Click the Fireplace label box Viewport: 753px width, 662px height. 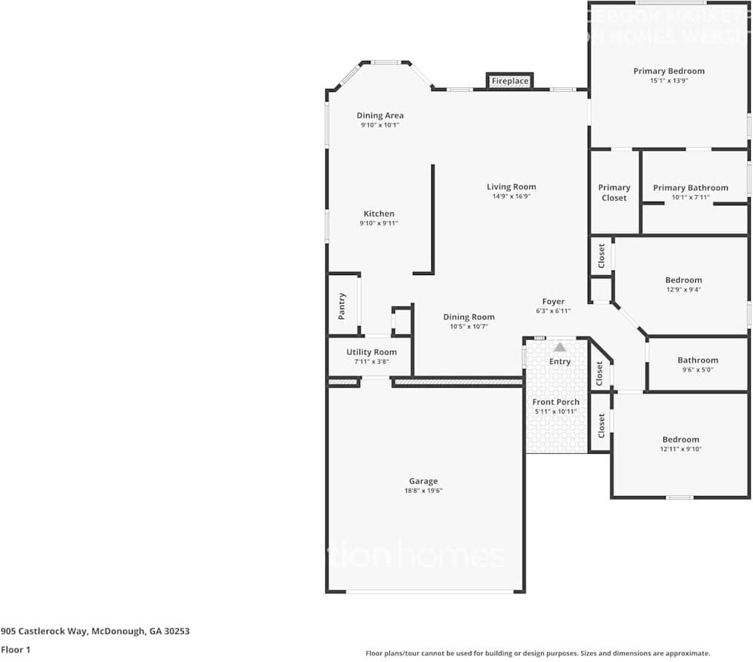510,81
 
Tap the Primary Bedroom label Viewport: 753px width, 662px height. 669,71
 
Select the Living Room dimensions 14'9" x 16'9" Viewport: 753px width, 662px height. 511,196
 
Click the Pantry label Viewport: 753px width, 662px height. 342,305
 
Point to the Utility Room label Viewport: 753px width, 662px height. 371,352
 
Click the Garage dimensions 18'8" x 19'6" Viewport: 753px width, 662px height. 424,491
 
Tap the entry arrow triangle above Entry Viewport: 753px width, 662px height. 560,347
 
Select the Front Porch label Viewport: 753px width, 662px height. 556,402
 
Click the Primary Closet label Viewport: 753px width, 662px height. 614,193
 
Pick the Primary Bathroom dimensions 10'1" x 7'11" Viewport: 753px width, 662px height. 690,197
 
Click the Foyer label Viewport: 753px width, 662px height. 553,302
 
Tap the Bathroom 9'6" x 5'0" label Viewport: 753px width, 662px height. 697,360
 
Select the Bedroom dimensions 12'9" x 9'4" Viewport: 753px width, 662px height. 683,290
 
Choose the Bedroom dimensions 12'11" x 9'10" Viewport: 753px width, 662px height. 680,449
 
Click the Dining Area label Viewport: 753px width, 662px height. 380,116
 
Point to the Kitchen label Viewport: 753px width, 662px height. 379,214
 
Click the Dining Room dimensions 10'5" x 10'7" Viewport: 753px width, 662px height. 468,326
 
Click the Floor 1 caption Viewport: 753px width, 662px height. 16,649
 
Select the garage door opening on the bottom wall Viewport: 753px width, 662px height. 430,592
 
